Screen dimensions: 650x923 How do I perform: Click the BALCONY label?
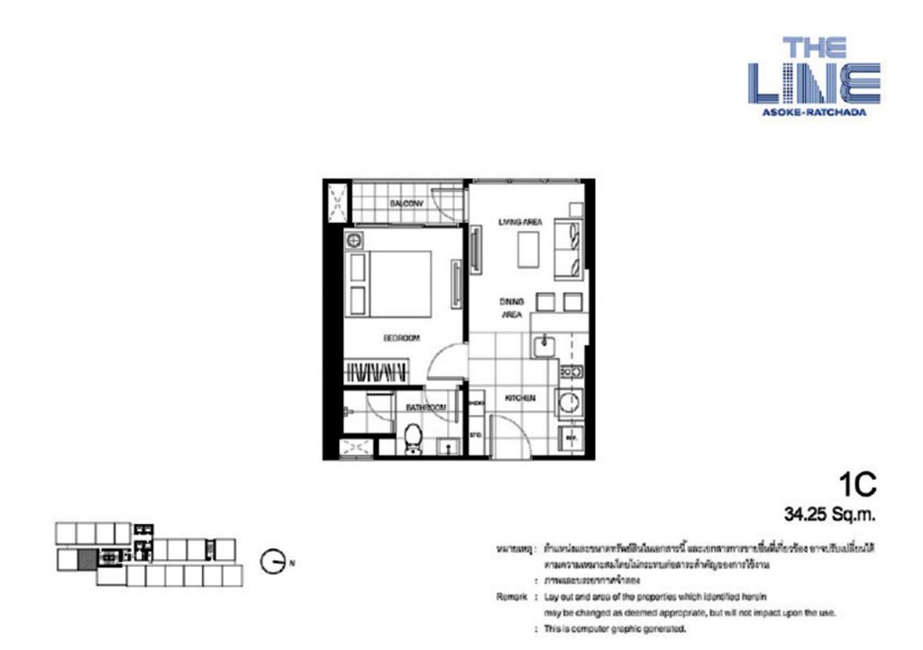(x=406, y=204)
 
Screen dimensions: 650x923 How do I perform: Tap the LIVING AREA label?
(x=520, y=221)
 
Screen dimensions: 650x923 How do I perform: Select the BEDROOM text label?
(x=401, y=338)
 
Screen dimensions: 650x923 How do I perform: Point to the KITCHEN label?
(x=520, y=398)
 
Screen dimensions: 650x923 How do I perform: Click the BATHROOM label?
(x=425, y=408)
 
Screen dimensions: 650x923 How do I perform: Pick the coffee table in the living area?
(x=528, y=249)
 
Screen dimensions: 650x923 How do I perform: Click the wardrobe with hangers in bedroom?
(x=378, y=371)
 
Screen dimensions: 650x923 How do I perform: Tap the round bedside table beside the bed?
(x=353, y=241)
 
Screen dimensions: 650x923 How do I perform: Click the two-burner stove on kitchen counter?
(x=570, y=371)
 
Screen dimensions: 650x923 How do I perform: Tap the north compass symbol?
(x=274, y=563)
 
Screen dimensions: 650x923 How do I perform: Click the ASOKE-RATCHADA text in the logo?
(x=813, y=113)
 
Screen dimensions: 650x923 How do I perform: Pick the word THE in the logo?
(x=813, y=47)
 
